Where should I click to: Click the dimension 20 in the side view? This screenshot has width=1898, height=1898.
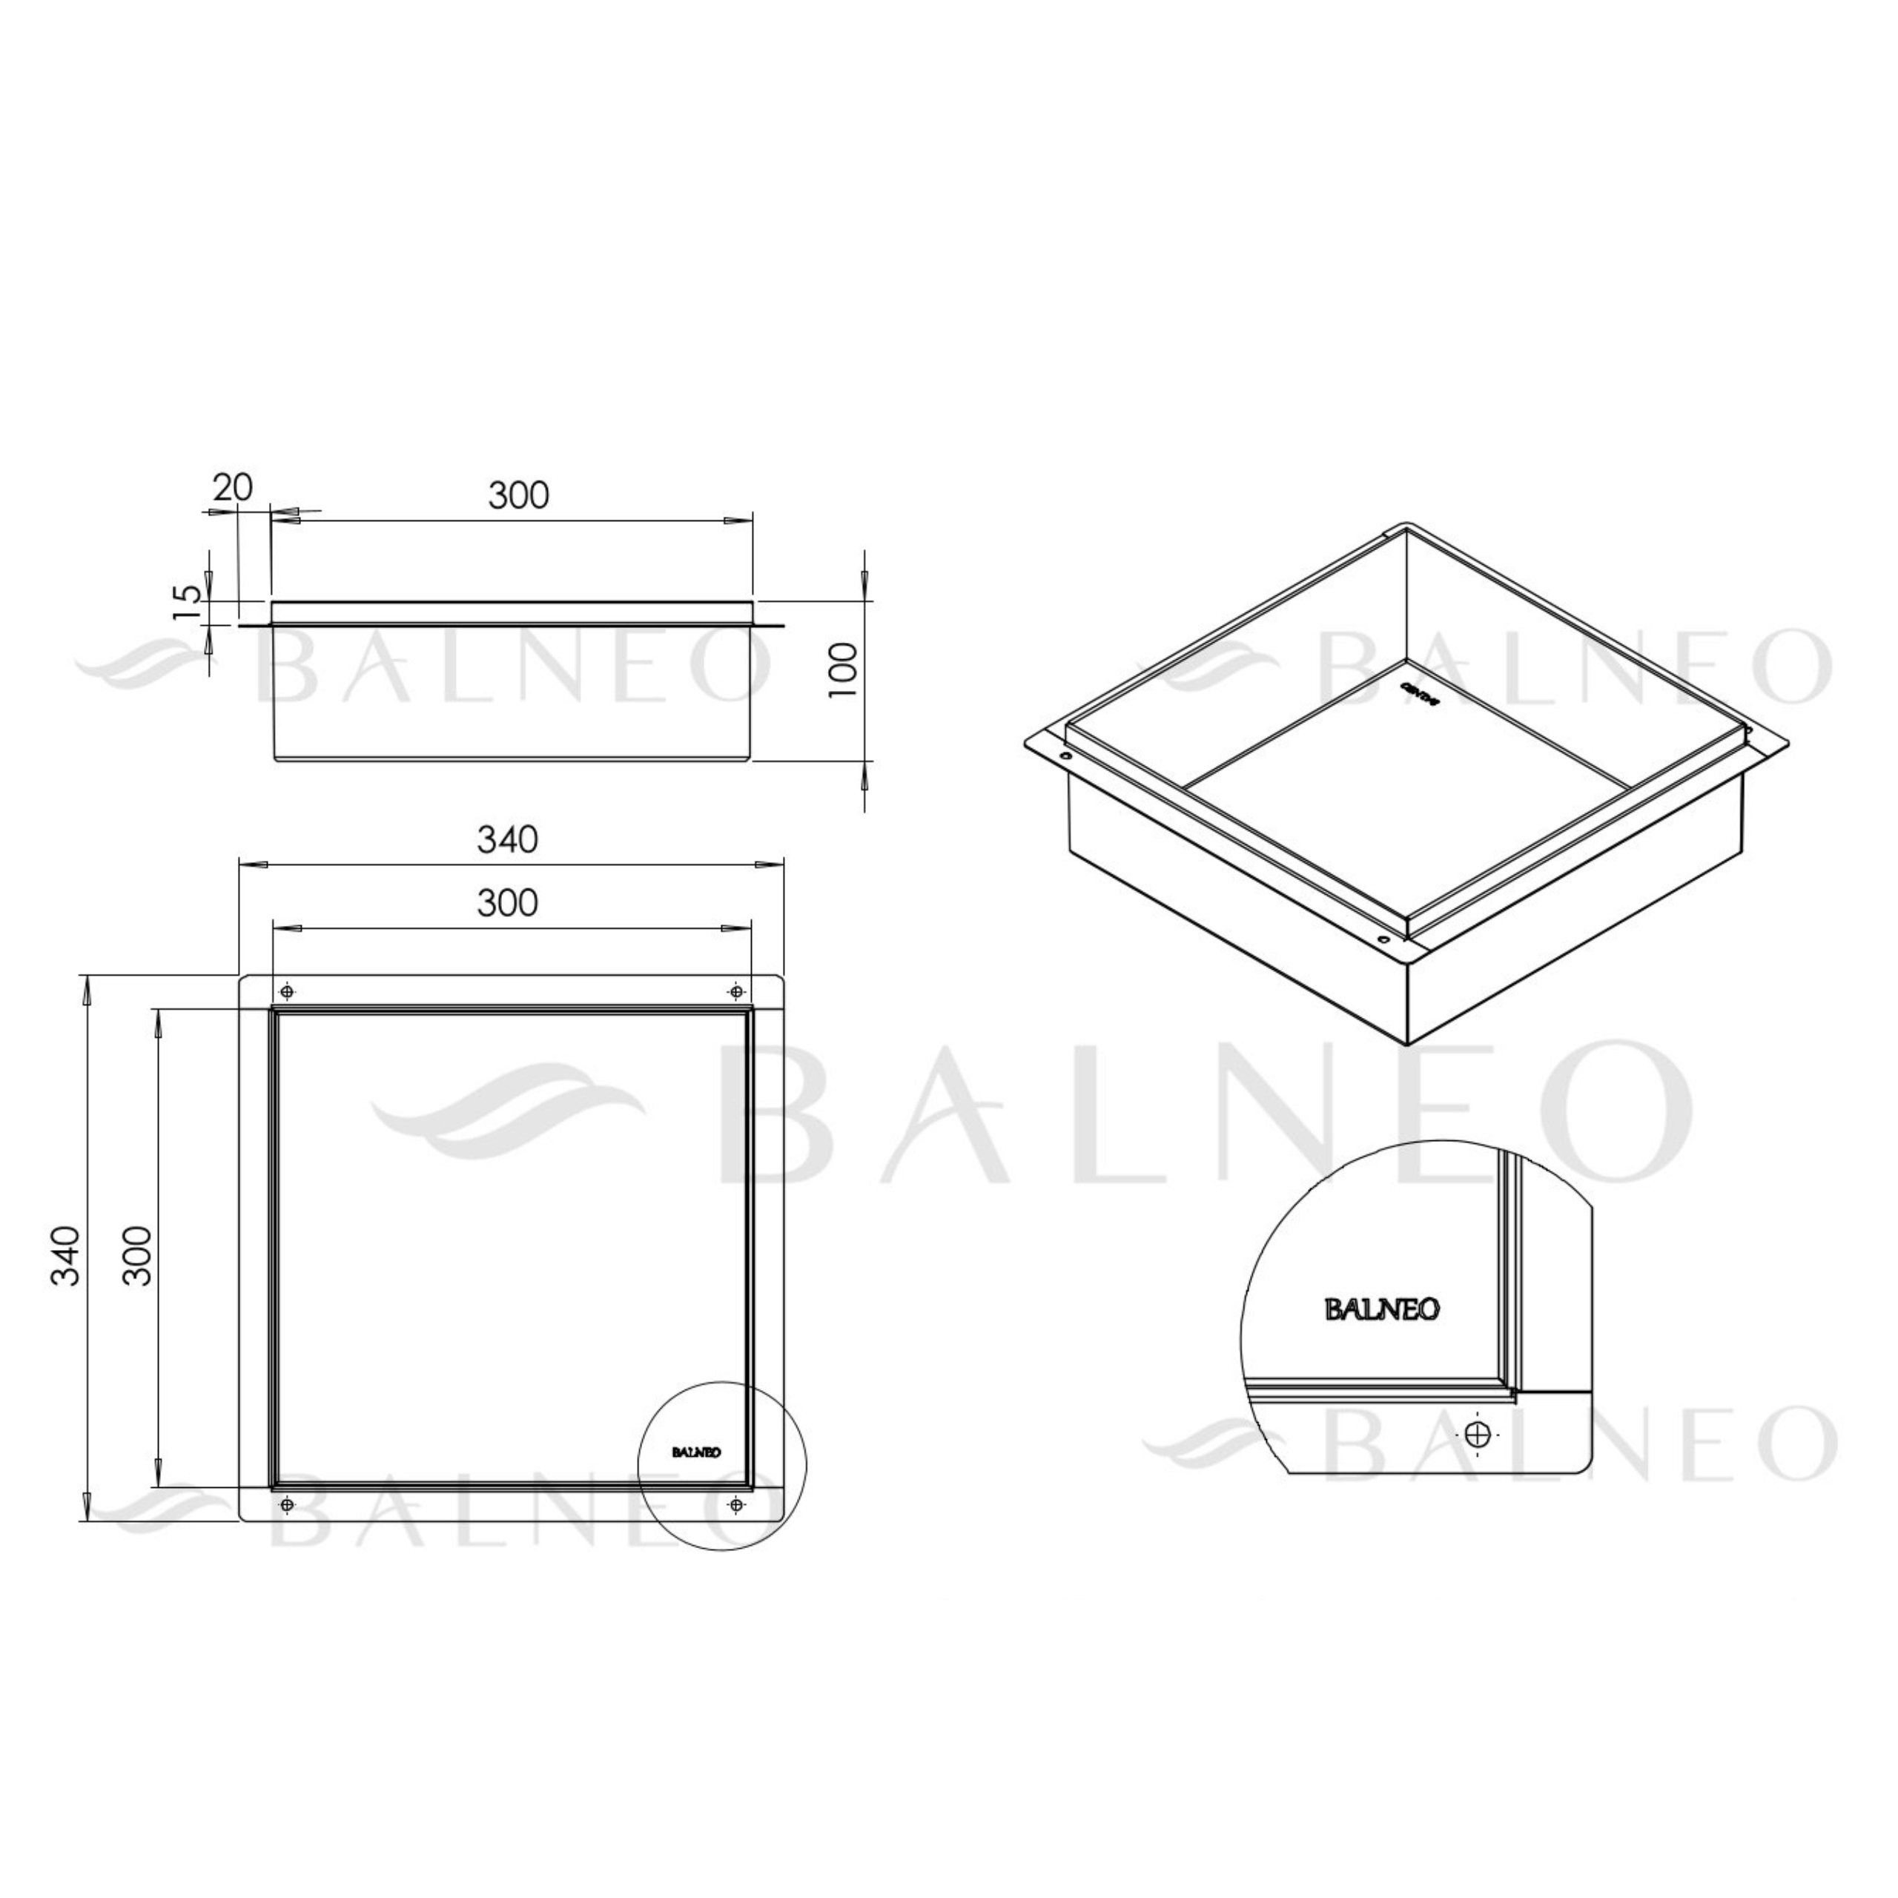coord(234,487)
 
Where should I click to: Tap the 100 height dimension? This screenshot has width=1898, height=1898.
coord(843,670)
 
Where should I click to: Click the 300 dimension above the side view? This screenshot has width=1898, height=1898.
coord(519,495)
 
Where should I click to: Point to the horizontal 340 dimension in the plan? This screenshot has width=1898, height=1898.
coord(508,839)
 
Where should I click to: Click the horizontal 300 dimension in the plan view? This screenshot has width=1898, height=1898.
coord(508,902)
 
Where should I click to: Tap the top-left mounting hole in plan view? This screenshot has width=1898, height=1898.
coord(287,991)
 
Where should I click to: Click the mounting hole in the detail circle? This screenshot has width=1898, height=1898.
coord(1478,1435)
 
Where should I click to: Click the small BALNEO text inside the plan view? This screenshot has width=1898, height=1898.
coord(696,1452)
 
